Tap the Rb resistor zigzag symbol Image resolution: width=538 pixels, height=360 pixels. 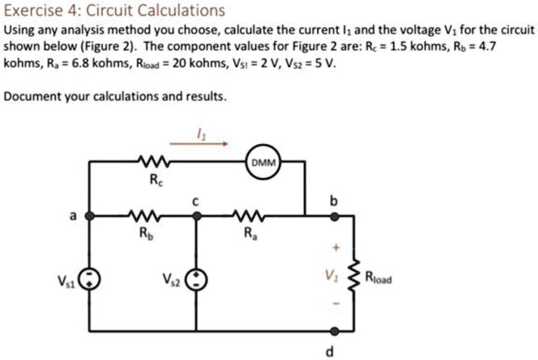click(143, 214)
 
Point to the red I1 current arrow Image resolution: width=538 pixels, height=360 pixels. click(199, 144)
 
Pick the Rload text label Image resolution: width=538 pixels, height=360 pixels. click(378, 279)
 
